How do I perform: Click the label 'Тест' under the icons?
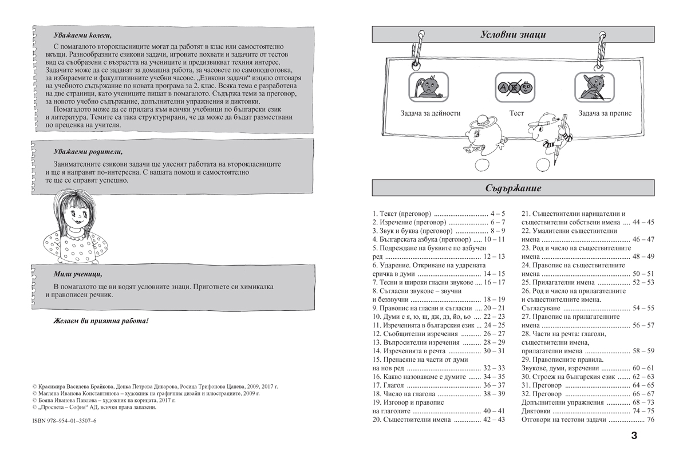516,113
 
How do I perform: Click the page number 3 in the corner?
633,436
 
